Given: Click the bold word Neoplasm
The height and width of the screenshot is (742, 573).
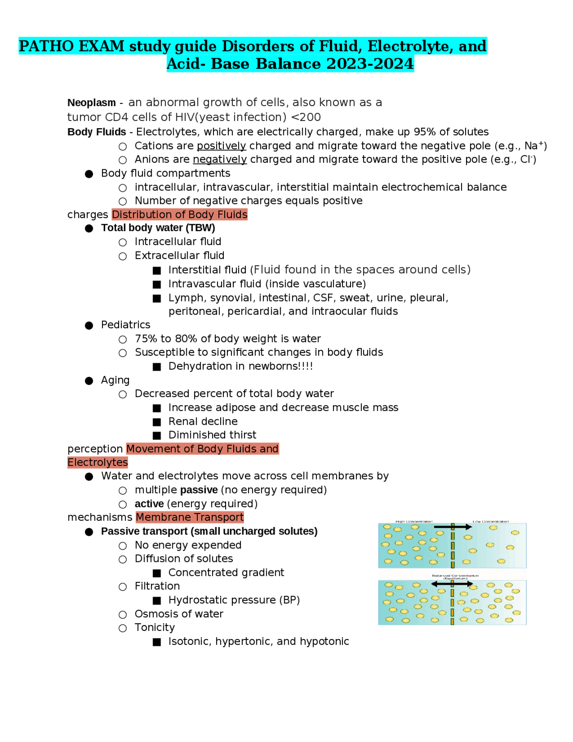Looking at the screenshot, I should (x=91, y=103).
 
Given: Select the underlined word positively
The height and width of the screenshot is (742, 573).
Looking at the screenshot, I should (x=221, y=146).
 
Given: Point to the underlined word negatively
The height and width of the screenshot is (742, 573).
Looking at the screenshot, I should (x=219, y=160).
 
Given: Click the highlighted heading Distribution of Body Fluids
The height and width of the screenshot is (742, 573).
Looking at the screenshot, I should (x=180, y=215).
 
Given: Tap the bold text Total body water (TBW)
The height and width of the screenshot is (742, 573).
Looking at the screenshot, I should (x=158, y=228).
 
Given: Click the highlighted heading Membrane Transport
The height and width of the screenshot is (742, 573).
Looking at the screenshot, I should (x=189, y=518).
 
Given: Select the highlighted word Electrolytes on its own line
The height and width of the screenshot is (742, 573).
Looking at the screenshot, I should (x=98, y=462).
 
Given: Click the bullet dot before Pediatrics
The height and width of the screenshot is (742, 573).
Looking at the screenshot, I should (x=89, y=325).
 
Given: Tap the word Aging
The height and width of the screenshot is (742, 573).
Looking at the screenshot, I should (x=115, y=380).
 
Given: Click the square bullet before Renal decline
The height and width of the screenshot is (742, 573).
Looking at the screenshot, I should (x=157, y=422).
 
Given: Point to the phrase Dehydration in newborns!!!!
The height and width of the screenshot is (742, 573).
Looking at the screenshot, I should (x=240, y=367).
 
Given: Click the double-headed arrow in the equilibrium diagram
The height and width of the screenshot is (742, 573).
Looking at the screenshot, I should (x=452, y=584).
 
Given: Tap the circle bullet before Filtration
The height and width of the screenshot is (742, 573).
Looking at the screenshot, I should (x=123, y=587).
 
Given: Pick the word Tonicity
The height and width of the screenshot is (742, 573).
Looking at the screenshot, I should (x=154, y=628).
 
